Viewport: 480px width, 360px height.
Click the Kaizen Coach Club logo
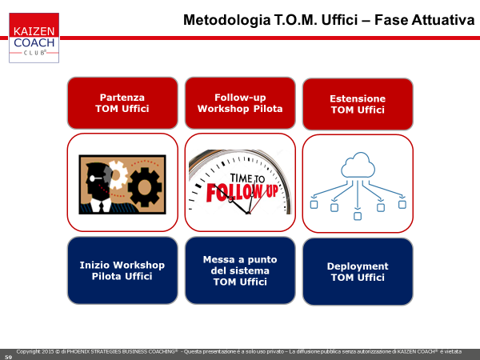pos(34,38)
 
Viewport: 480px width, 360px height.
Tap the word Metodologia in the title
pos(227,20)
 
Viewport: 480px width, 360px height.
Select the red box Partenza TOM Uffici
pos(122,103)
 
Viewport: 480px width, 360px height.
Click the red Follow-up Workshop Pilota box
pos(240,103)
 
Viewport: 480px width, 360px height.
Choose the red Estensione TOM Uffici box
pos(358,104)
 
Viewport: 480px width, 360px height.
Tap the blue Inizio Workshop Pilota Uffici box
pos(122,270)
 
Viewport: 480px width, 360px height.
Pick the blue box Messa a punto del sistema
pos(240,270)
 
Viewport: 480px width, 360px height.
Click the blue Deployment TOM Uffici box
pos(358,272)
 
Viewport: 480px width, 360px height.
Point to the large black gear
pos(145,187)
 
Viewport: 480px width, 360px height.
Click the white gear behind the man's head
pos(118,174)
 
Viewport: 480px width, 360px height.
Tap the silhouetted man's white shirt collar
pos(101,205)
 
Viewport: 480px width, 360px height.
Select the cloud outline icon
pos(358,166)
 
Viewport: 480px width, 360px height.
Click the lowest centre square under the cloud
pos(358,216)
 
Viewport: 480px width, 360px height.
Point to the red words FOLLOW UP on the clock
pos(242,193)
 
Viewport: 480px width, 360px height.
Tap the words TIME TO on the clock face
pos(247,178)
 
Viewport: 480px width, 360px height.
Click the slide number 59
pos(8,357)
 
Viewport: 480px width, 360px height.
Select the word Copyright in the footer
pos(28,352)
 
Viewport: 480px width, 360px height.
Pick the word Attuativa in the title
pos(443,20)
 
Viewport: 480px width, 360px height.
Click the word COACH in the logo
pos(34,42)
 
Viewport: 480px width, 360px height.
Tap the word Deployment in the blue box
pos(358,266)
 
